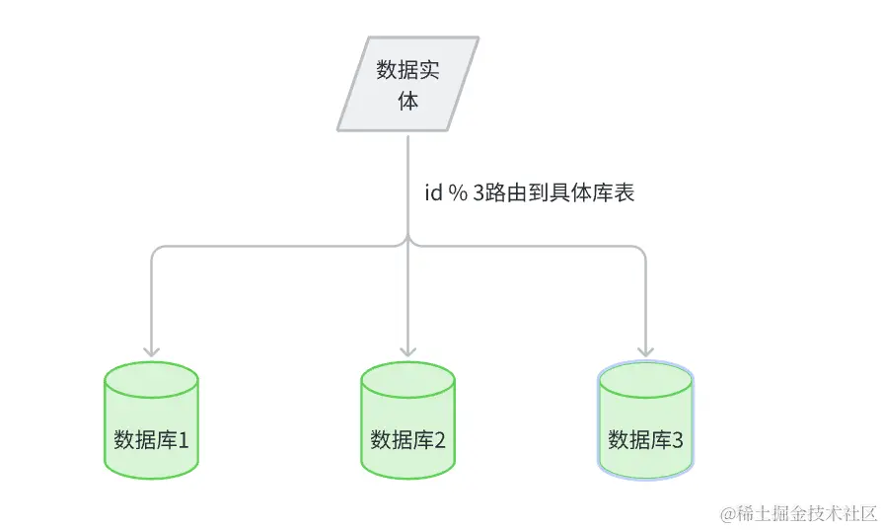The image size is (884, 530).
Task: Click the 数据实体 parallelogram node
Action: click(407, 85)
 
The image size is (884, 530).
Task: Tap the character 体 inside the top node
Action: click(407, 101)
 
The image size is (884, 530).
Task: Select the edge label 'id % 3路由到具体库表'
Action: click(528, 193)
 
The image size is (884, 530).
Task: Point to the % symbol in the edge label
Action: click(457, 193)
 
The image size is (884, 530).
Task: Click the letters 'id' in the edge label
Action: click(433, 193)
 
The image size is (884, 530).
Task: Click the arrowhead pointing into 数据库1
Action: click(152, 349)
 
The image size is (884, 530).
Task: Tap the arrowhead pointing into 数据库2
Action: click(407, 349)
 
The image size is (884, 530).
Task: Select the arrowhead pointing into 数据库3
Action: click(645, 349)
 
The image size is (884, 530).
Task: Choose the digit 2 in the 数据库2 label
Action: click(439, 440)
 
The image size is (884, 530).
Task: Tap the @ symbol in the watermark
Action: click(727, 514)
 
